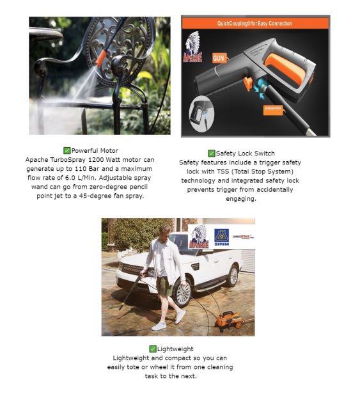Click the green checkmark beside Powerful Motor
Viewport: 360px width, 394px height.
point(67,150)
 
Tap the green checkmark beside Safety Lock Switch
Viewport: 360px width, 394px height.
point(212,154)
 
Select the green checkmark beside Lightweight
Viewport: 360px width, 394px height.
point(153,349)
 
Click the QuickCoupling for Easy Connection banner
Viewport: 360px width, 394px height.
point(255,24)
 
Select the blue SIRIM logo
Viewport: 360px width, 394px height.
point(221,237)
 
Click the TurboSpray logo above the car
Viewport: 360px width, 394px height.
point(243,237)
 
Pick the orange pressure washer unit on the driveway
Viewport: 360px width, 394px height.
point(229,318)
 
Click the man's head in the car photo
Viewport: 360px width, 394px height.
point(164,230)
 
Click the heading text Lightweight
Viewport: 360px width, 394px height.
point(173,349)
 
